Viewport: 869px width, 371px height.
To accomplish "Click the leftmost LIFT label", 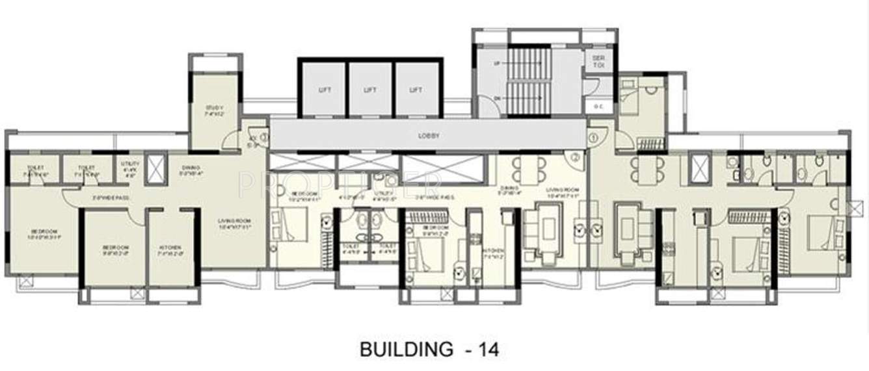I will coord(325,90).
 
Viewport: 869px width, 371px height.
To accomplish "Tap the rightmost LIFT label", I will coord(416,90).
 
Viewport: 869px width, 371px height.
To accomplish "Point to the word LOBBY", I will coord(429,136).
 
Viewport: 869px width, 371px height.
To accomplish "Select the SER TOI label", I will coord(598,62).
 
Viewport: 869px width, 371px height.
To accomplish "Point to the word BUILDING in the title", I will coord(407,350).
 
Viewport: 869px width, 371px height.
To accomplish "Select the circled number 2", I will coord(576,157).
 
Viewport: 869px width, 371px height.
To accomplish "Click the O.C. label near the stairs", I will coord(598,106).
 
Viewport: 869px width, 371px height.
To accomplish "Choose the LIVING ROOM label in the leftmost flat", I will coord(234,224).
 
